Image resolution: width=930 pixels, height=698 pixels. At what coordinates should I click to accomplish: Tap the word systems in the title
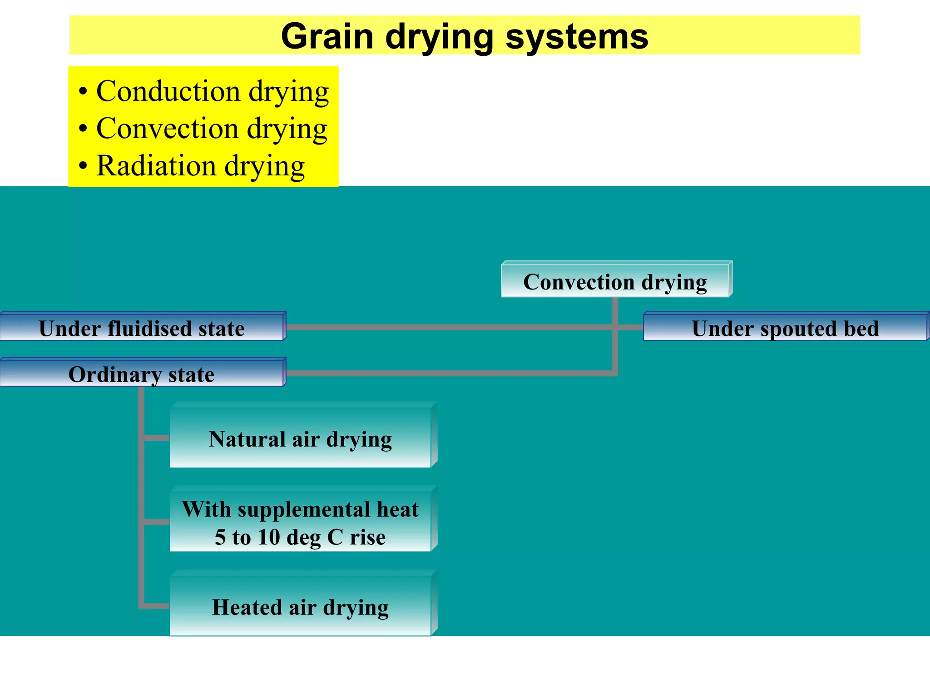[x=577, y=37]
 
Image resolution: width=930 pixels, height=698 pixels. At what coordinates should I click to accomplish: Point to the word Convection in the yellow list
[x=167, y=129]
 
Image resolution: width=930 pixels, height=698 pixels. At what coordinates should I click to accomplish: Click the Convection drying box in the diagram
[x=615, y=282]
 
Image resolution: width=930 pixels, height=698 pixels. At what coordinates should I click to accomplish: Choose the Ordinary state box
[x=142, y=374]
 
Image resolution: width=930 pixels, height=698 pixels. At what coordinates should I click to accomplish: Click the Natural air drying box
[x=300, y=439]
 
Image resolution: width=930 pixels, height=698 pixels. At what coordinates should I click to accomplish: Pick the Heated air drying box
[x=300, y=607]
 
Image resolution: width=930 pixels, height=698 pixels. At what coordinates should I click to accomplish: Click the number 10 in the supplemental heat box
[x=269, y=537]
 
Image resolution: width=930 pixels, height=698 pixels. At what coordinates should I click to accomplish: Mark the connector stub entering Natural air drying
[x=156, y=438]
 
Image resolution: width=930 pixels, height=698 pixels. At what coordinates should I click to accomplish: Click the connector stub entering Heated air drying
[x=156, y=606]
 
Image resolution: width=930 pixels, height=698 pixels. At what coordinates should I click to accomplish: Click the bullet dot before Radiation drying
[x=82, y=166]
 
